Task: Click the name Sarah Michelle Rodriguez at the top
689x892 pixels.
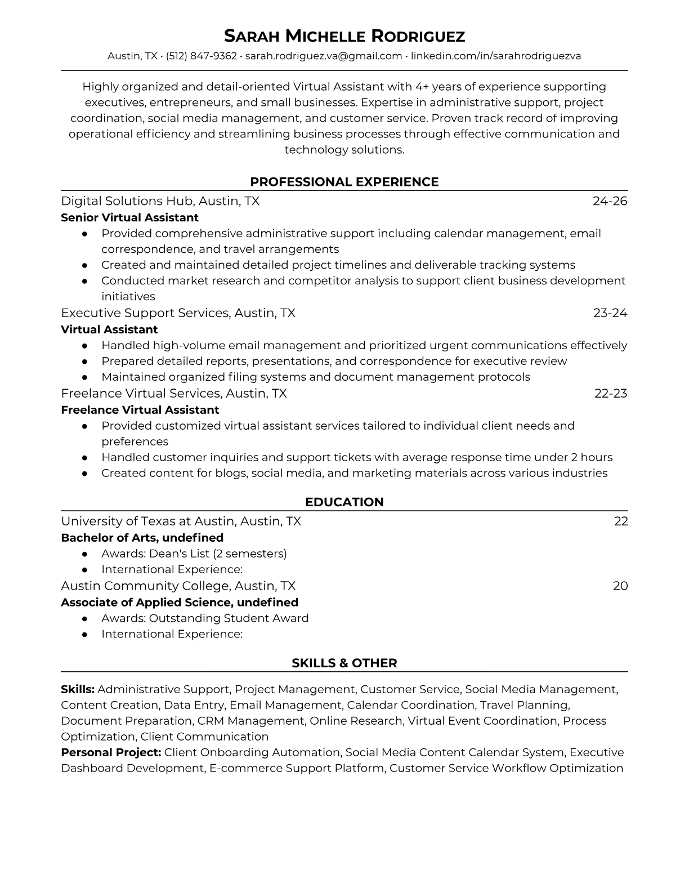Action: (344, 36)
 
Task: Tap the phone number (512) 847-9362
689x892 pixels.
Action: (202, 56)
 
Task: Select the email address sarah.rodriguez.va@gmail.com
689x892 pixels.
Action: (323, 56)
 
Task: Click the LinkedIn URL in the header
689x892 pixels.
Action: (496, 56)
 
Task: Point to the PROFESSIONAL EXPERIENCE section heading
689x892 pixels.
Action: (344, 182)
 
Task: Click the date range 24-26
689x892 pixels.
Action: (610, 201)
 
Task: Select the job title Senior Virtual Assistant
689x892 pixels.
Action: (129, 217)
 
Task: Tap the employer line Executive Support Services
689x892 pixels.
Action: (178, 313)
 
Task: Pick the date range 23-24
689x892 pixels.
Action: (610, 313)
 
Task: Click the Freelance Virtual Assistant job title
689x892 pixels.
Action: (140, 410)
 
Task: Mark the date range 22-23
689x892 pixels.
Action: (611, 393)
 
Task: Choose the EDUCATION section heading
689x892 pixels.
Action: (344, 502)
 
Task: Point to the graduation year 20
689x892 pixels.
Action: (620, 586)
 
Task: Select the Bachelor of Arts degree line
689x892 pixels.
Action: (142, 538)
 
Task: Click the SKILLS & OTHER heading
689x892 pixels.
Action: (344, 663)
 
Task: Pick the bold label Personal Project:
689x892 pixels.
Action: (111, 752)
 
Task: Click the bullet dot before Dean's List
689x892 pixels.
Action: (84, 554)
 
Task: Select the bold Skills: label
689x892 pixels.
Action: (78, 689)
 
